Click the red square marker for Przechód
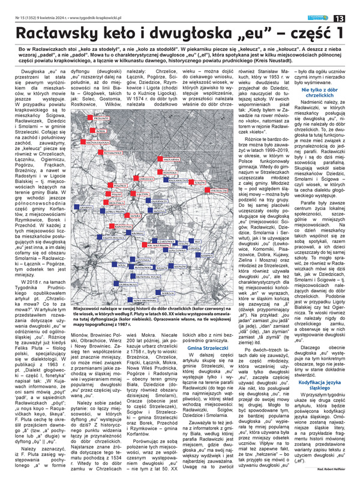tap(90, 118)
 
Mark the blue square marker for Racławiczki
tap(166, 180)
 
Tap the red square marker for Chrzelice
tap(136, 178)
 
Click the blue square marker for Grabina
tap(76, 207)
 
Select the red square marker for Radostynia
tap(111, 226)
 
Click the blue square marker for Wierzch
tap(158, 292)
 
